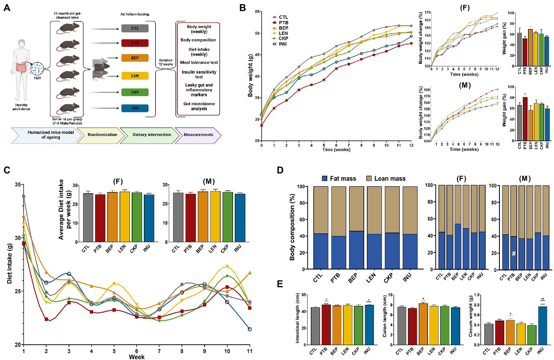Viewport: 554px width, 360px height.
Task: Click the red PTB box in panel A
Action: pos(135,43)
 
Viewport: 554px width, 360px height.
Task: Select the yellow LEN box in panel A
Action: pos(135,76)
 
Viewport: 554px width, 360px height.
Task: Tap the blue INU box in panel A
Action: pos(135,108)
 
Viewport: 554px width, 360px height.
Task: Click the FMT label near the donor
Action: pos(37,78)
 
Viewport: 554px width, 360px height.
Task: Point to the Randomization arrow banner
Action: pos(102,135)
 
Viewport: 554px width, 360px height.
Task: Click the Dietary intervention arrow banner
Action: pos(152,135)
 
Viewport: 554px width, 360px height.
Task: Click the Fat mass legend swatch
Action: pos(324,178)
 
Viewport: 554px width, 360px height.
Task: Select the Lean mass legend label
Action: pos(390,179)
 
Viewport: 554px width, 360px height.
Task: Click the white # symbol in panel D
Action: pos(514,253)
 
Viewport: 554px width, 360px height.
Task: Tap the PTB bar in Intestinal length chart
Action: pos(326,325)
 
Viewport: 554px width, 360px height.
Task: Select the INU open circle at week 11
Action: pos(249,329)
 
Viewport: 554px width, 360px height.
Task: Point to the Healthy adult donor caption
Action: pos(21,107)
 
